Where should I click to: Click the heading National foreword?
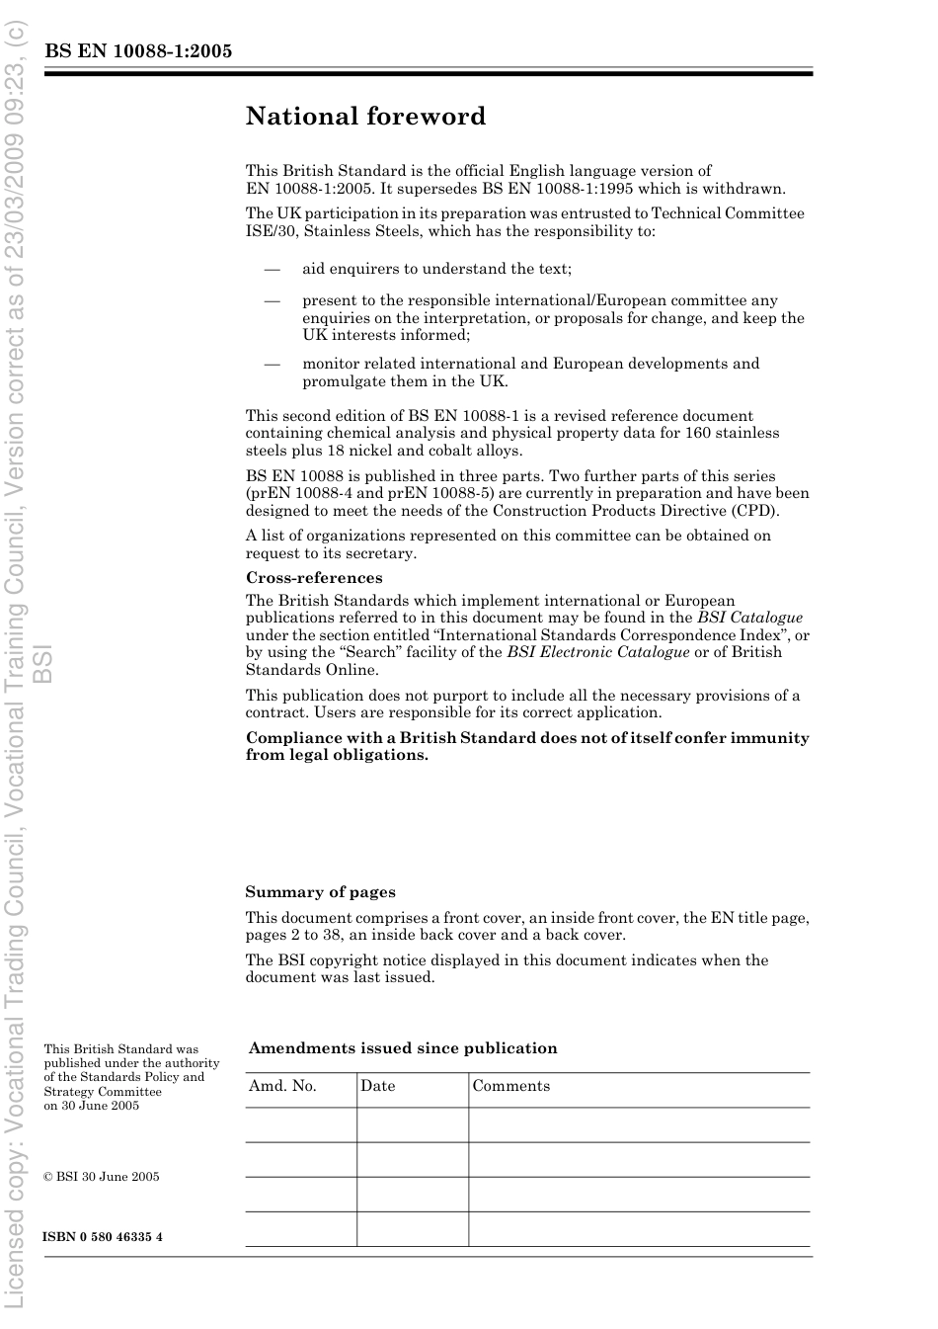tap(365, 117)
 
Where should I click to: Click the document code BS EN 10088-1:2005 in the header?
tap(138, 50)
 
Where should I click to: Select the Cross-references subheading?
tap(314, 578)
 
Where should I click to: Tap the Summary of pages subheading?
tap(320, 892)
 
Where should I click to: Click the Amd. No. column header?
tap(282, 1086)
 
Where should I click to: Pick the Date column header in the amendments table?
tap(377, 1086)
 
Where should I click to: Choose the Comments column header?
tap(510, 1086)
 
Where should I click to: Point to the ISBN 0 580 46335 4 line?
tap(103, 1237)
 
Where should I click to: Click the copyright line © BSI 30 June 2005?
tap(101, 1177)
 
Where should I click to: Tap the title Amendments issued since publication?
tap(403, 1048)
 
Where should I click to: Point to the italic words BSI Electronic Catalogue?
tap(598, 652)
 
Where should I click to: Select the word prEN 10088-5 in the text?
tap(435, 493)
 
